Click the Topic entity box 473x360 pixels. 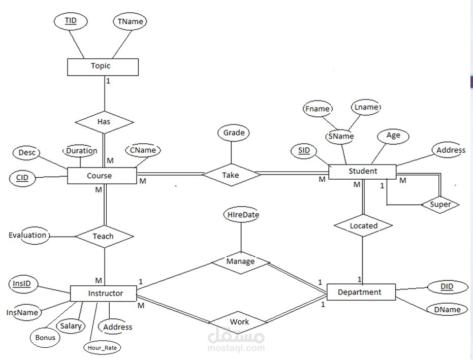click(102, 67)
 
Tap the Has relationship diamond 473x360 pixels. click(104, 122)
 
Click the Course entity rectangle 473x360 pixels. click(102, 176)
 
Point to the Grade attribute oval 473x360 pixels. click(234, 134)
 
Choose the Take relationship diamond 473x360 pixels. click(231, 175)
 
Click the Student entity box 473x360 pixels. click(362, 171)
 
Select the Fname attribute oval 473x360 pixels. click(318, 109)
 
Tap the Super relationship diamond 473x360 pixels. click(440, 204)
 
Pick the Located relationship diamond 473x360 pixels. click(364, 225)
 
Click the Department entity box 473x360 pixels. click(359, 292)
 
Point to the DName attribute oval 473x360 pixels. click(447, 309)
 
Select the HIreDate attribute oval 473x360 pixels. click(241, 215)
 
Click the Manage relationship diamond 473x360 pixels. click(240, 262)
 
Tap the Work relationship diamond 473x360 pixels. click(239, 322)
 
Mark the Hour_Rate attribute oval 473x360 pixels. click(103, 348)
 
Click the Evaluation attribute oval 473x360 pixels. click(29, 236)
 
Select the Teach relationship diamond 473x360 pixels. click(104, 236)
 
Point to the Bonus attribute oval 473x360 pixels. click(45, 338)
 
